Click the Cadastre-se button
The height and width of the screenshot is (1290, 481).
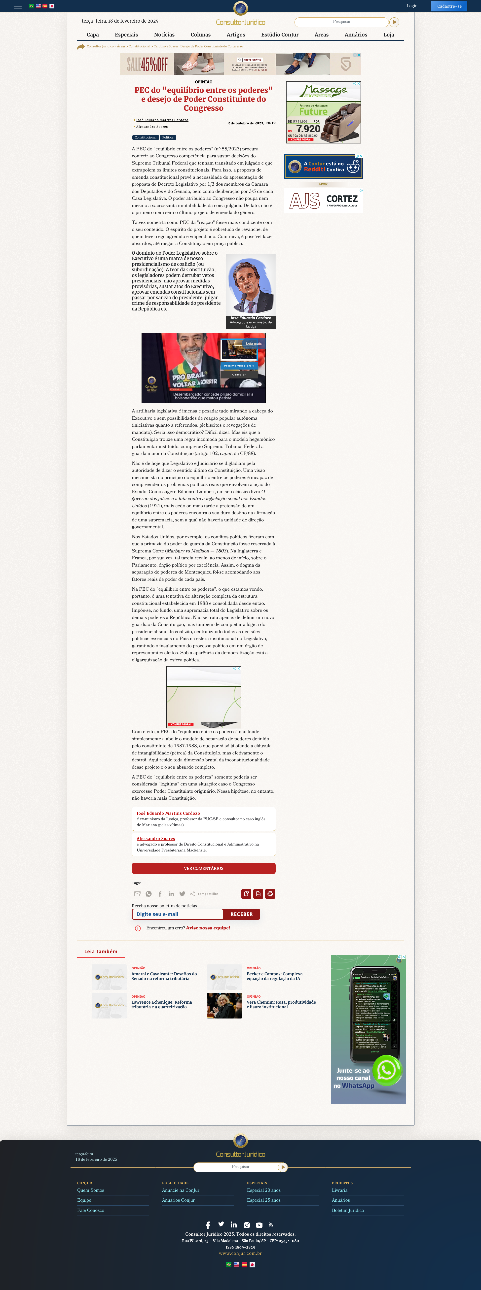[449, 6]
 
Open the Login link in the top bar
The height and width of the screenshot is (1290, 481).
[412, 6]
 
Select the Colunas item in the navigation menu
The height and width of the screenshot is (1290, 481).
[200, 34]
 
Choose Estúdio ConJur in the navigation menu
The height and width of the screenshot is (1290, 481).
[280, 34]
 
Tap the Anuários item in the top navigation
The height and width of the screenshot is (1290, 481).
[356, 34]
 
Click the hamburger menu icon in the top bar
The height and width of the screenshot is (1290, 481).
[18, 6]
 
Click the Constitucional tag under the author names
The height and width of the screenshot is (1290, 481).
[145, 137]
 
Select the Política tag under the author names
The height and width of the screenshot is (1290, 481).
[168, 137]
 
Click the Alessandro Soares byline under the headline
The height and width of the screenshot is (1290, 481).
[152, 127]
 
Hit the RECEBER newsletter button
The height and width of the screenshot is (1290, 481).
[242, 914]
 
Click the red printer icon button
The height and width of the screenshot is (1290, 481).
[270, 894]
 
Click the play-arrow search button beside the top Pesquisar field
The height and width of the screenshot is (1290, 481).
[394, 22]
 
